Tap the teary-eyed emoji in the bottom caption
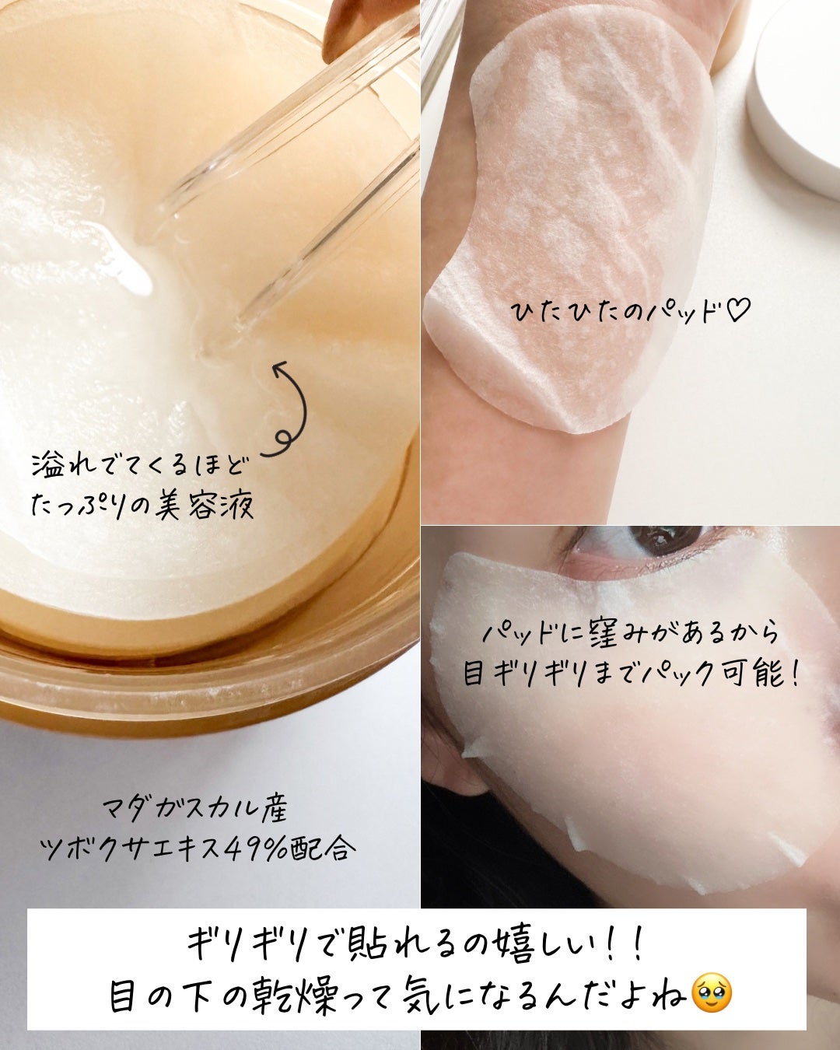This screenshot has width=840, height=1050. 711,993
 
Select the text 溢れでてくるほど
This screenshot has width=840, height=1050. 140,467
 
